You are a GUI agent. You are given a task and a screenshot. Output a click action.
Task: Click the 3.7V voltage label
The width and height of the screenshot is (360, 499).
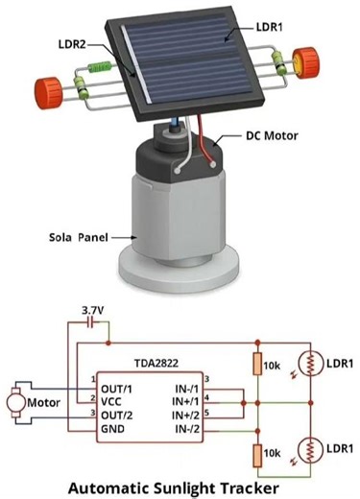point(93,310)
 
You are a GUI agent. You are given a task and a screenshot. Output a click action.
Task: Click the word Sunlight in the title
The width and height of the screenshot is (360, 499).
point(190,487)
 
